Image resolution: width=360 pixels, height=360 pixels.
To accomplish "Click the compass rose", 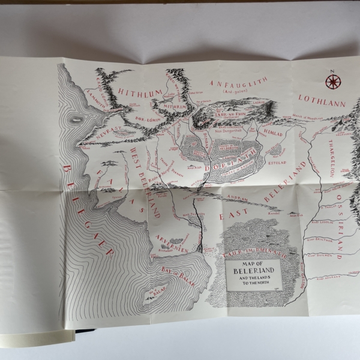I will pyautogui.click(x=332, y=79).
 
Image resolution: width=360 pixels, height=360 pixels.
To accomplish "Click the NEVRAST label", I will pyautogui.click(x=103, y=136).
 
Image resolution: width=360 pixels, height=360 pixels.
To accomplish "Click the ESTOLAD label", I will pyautogui.click(x=279, y=162).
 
